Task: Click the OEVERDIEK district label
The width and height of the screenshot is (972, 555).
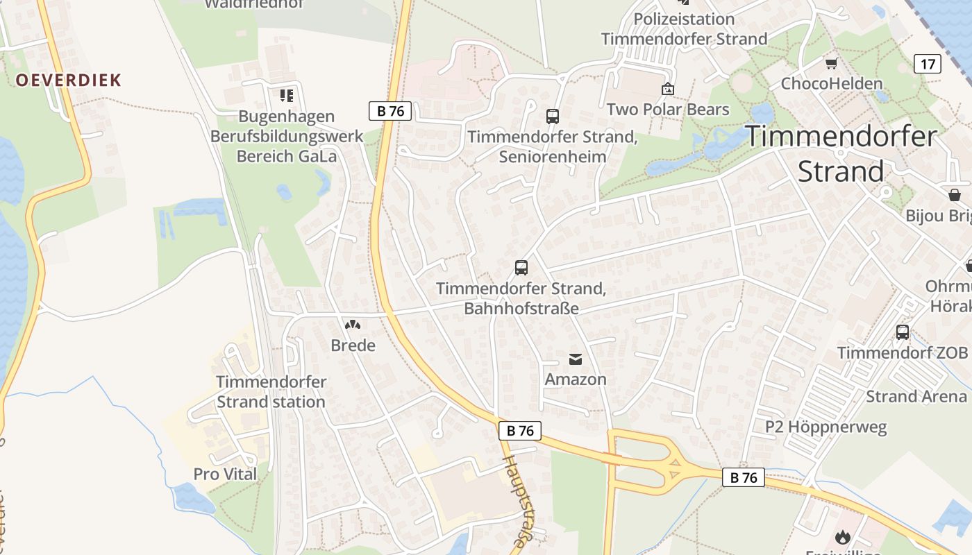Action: (69, 80)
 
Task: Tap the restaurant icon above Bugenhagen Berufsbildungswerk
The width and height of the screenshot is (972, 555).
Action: (287, 96)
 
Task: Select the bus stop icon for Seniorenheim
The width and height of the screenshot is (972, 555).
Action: (553, 117)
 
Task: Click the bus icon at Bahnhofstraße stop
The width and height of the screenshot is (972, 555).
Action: (521, 268)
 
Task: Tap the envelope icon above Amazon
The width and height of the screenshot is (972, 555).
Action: (576, 359)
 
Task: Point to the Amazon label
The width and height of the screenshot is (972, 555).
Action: (576, 379)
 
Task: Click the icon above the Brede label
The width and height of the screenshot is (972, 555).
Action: (353, 325)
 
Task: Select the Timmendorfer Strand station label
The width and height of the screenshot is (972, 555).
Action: (271, 392)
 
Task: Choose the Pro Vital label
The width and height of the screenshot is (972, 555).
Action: (225, 475)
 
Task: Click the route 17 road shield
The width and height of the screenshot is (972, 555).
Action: (928, 64)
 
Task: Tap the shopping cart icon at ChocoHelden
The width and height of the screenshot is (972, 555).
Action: (831, 64)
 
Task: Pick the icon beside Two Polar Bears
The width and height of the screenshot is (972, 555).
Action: (668, 89)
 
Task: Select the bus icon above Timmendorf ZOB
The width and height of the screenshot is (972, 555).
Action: (903, 332)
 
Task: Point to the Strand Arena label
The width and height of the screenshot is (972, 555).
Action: (916, 397)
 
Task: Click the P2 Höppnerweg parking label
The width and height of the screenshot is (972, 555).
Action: (826, 427)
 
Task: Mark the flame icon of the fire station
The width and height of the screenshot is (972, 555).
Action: (843, 536)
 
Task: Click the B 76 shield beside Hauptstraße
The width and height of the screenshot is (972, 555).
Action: (520, 431)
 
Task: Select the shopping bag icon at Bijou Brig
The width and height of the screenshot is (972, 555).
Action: (955, 195)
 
